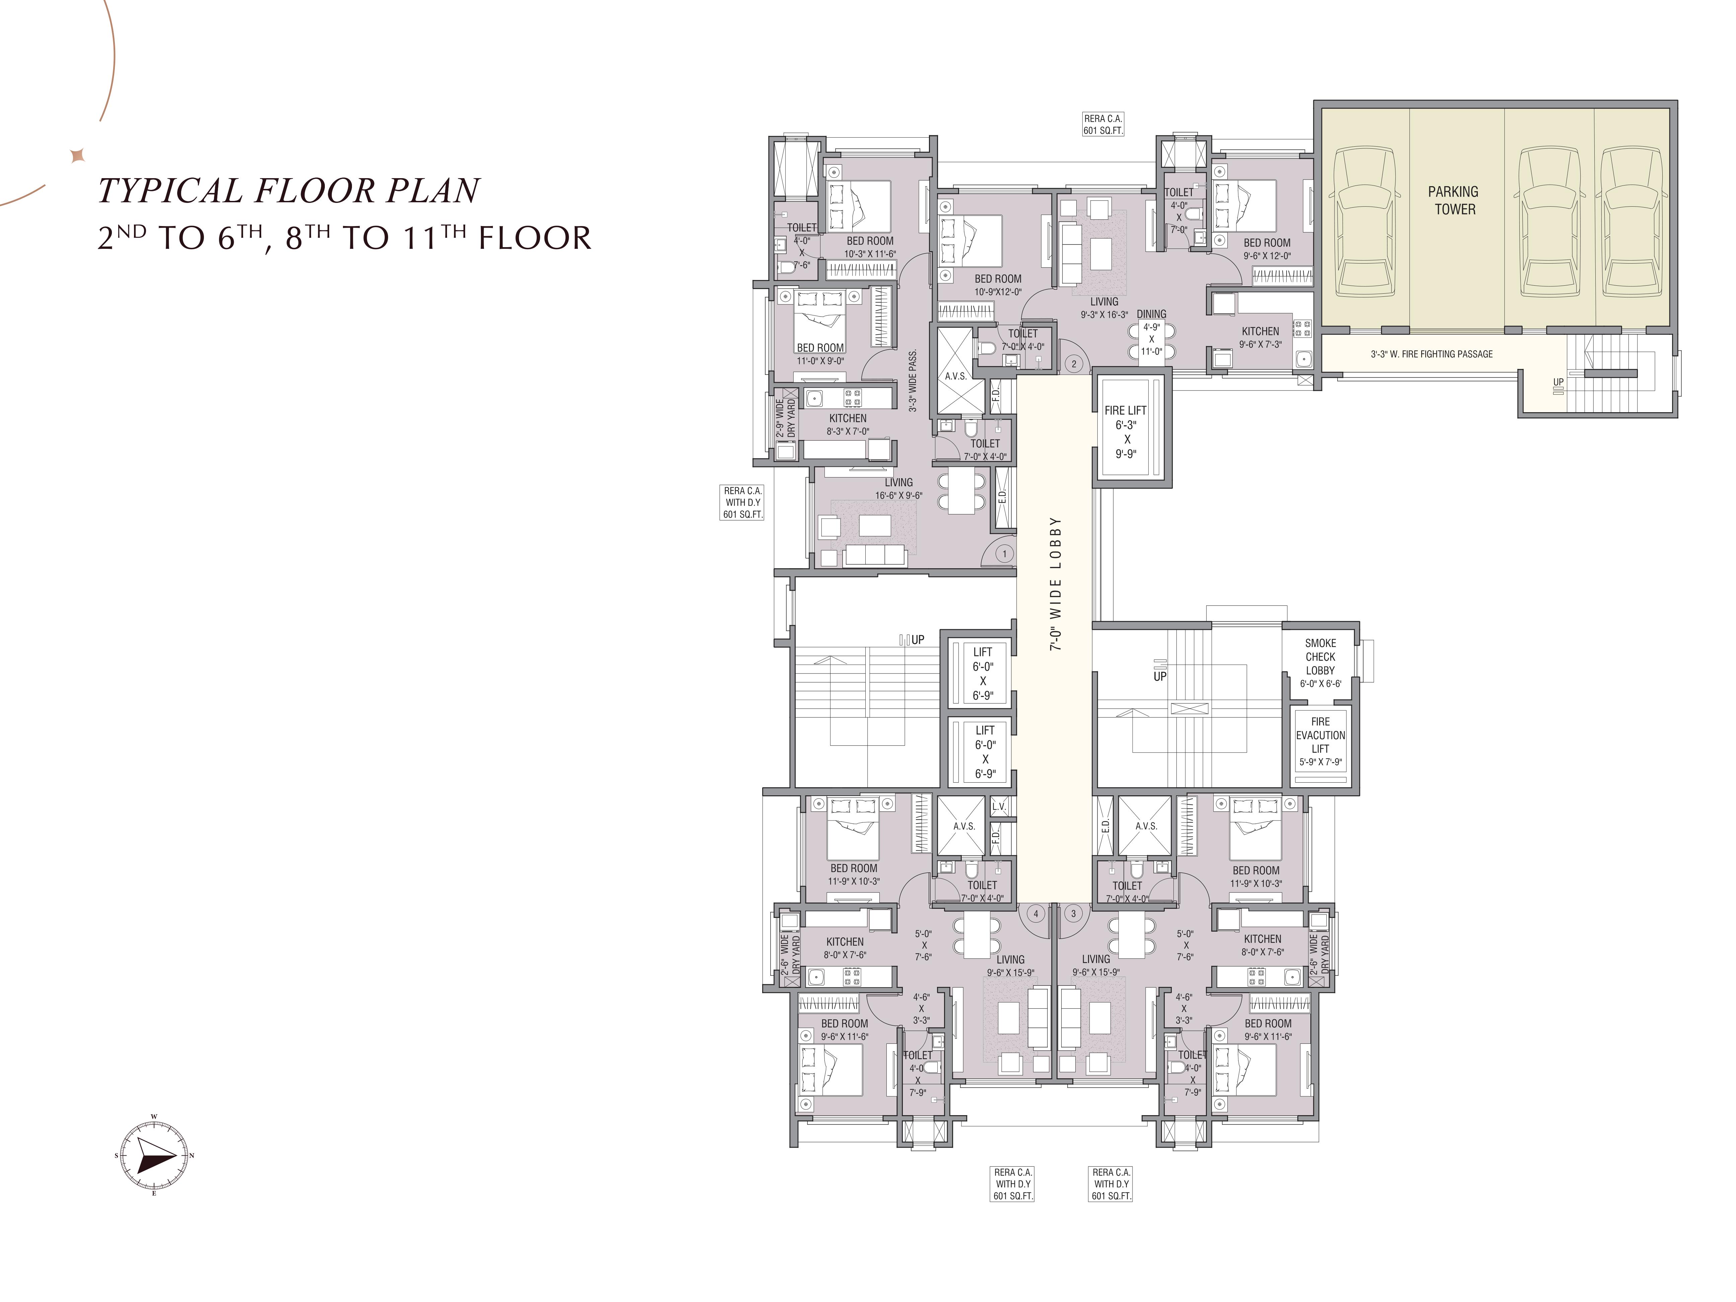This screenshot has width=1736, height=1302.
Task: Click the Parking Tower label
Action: (1453, 200)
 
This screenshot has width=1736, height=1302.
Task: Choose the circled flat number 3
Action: (1073, 914)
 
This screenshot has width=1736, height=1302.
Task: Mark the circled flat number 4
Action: (1036, 914)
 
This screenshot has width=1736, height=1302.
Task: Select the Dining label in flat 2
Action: (1151, 314)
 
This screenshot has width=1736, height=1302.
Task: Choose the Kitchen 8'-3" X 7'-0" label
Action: (848, 425)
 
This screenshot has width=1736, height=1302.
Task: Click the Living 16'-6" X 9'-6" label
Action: (898, 489)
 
